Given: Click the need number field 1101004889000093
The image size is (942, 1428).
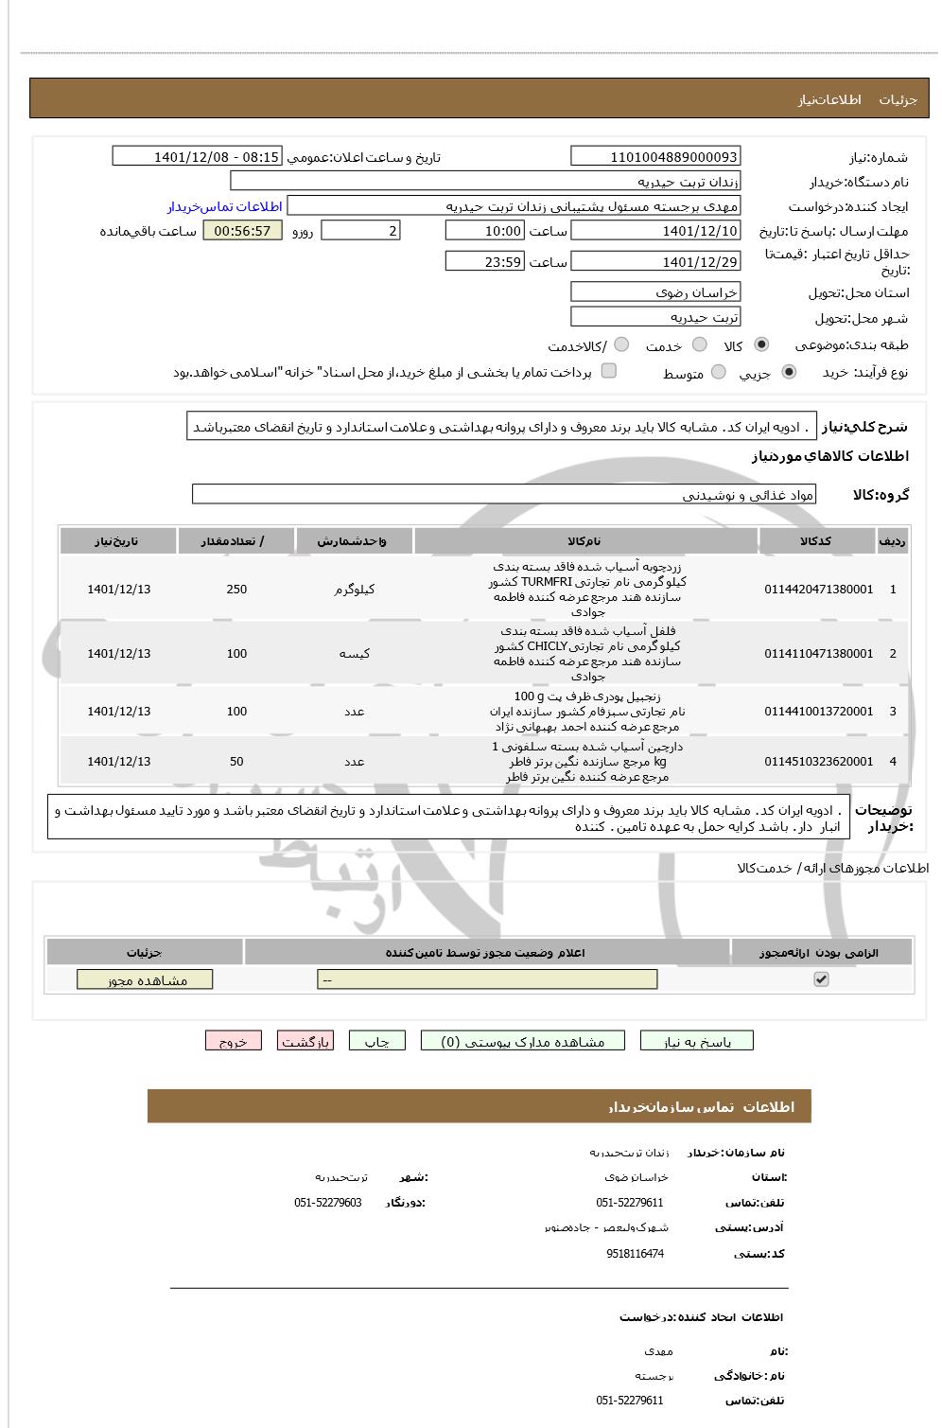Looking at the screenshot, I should (x=655, y=157).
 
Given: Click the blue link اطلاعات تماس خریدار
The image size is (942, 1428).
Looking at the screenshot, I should (x=225, y=206).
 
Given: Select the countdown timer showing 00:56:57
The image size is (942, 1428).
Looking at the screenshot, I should (x=242, y=231).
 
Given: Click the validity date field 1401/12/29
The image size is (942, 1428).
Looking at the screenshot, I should (x=655, y=262).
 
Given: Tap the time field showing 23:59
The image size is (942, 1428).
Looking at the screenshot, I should (x=483, y=262).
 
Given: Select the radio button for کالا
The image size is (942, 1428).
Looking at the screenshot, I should (x=761, y=345).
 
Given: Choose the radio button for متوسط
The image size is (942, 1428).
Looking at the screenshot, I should (x=719, y=373).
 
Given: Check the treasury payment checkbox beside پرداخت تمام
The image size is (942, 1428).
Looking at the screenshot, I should (x=609, y=371).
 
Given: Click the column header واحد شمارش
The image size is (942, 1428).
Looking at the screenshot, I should (x=353, y=541).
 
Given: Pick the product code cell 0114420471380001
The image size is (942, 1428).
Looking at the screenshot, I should (x=819, y=590).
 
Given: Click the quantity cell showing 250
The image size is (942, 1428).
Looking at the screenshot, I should (x=236, y=590).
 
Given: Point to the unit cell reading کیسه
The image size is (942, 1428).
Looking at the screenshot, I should (x=354, y=654).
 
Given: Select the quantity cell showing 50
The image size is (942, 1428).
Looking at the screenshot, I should (x=236, y=762).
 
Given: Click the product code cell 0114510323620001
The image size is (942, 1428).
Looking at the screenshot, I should (x=819, y=762).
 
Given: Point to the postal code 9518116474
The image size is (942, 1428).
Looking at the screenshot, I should (x=635, y=1254).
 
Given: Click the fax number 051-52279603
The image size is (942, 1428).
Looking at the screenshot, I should (x=327, y=1203).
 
